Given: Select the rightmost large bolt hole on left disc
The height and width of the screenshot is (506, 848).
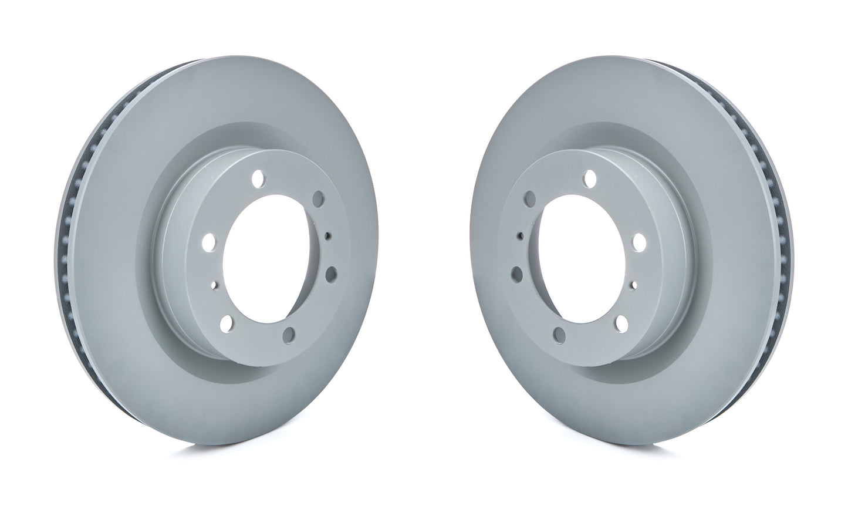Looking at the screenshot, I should tap(330, 272).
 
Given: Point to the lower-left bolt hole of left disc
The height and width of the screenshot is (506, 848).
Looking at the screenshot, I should tap(228, 319).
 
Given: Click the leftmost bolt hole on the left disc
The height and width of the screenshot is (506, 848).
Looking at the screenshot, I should tap(208, 241).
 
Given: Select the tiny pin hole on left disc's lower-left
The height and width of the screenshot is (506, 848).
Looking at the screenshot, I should tap(215, 286).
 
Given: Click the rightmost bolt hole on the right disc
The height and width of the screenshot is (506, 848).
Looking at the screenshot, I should tap(640, 241).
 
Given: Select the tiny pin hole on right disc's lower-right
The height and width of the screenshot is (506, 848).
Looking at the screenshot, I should tap(632, 286).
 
